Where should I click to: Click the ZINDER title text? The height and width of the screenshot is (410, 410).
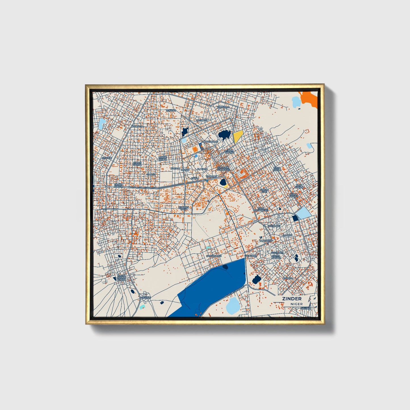[x=292, y=298]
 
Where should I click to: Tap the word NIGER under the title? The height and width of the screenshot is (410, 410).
[x=296, y=304]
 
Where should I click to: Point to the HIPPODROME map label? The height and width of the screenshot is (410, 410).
[x=210, y=141]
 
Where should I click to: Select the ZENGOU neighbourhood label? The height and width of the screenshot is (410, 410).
[x=171, y=110]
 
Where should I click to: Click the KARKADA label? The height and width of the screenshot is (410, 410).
[x=137, y=126]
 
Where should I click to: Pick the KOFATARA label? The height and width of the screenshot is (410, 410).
[x=223, y=107]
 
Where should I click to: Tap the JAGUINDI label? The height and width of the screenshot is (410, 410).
[x=202, y=120]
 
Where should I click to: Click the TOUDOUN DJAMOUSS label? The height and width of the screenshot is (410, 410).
[x=223, y=169]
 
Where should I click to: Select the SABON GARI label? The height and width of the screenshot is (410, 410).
[x=264, y=191]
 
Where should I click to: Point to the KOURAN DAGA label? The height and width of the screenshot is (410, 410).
[x=184, y=208]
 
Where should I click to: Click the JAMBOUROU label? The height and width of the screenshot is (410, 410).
[x=214, y=256]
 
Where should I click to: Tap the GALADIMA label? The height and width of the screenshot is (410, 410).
[x=251, y=255]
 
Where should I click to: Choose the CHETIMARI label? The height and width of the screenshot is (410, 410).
[x=274, y=226]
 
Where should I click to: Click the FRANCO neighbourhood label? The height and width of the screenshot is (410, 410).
[x=288, y=278]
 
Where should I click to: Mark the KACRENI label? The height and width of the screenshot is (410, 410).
[x=146, y=297]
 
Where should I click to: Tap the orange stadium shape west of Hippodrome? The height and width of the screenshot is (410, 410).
[x=195, y=149]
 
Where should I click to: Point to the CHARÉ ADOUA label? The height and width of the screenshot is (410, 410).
[x=118, y=186]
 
